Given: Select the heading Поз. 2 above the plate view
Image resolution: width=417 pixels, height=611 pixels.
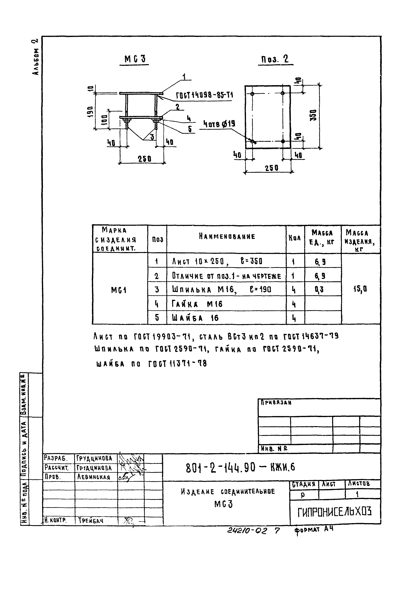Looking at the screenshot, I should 275,59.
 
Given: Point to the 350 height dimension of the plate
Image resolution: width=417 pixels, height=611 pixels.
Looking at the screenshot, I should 313,115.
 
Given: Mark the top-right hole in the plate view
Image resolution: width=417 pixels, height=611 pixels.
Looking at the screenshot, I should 283,93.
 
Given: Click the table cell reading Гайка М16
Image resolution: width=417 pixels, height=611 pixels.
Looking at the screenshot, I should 197,304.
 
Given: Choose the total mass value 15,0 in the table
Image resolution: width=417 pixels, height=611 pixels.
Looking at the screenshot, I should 360,289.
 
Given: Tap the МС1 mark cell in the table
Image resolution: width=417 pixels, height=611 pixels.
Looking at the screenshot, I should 119,290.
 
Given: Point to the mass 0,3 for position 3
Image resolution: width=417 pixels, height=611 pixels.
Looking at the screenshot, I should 319,290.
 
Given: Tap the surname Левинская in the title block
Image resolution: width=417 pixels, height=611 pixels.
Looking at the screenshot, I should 93,477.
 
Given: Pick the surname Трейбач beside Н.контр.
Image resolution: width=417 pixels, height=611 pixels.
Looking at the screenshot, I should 90,521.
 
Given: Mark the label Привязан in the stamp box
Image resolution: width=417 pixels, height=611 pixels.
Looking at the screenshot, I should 276,403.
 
